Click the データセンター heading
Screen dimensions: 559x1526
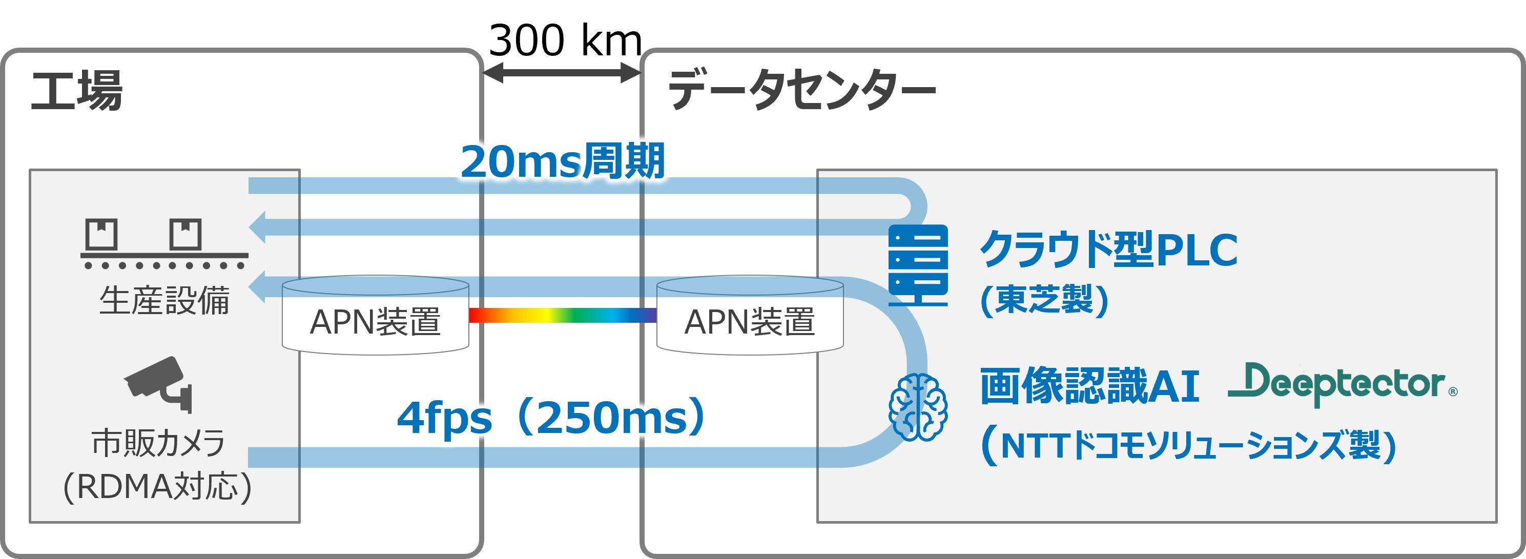(x=801, y=90)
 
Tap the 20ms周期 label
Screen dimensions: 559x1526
(x=563, y=161)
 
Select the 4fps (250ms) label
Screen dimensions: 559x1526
(x=551, y=418)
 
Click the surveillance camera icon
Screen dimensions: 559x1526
(x=159, y=383)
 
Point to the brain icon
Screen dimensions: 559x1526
(x=918, y=407)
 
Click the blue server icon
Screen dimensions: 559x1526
(x=918, y=265)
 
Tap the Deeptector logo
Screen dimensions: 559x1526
(x=1342, y=384)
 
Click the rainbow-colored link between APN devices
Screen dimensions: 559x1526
(x=562, y=315)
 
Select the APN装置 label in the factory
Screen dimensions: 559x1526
(x=375, y=322)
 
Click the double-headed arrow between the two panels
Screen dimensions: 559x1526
(x=562, y=73)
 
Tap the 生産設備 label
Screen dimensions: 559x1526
(x=164, y=300)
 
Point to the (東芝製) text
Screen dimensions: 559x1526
(x=1044, y=300)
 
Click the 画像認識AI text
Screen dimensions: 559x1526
(x=1089, y=386)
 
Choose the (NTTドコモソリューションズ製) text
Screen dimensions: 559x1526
(x=1188, y=445)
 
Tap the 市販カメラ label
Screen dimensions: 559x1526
(x=158, y=443)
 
